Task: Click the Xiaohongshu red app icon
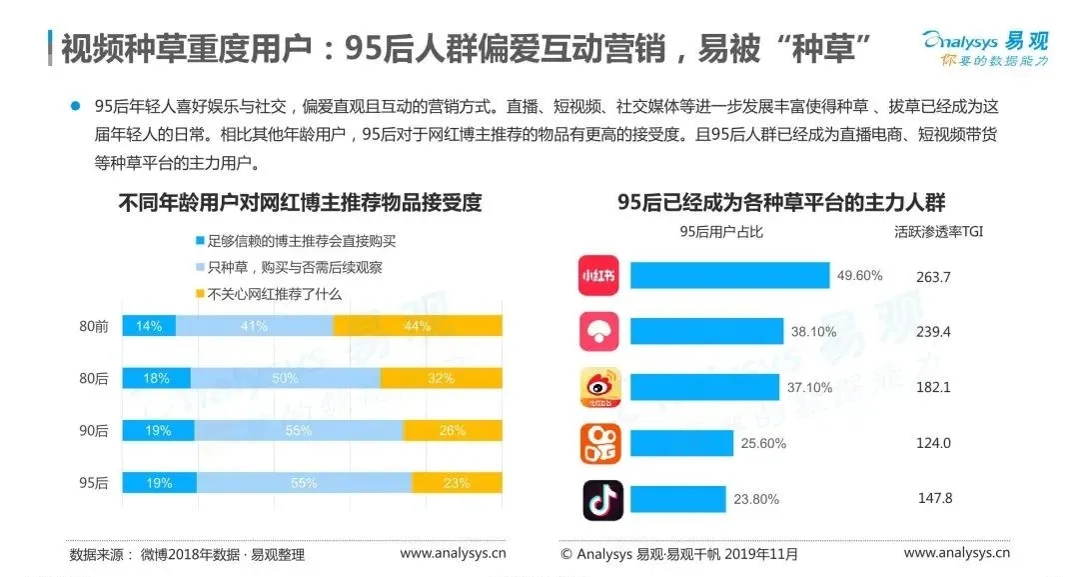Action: [599, 277]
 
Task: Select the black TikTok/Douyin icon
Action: [602, 500]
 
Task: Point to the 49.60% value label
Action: [859, 277]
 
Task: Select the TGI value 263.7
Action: [932, 277]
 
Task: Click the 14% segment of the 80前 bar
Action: [149, 325]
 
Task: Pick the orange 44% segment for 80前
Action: [418, 325]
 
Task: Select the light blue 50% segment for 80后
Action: [285, 378]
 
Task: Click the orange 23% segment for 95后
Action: [457, 482]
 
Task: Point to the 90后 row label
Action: [94, 430]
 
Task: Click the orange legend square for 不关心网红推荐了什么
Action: [200, 294]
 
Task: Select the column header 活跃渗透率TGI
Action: [936, 232]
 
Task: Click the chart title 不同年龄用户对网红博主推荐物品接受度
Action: [300, 203]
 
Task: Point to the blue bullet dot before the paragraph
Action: [74, 105]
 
